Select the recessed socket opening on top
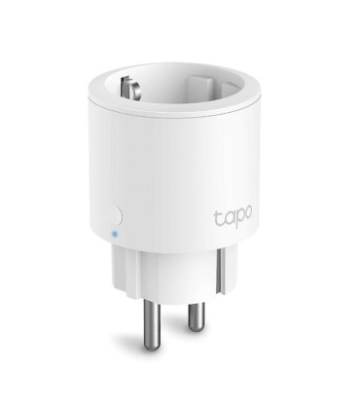point(180,83)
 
